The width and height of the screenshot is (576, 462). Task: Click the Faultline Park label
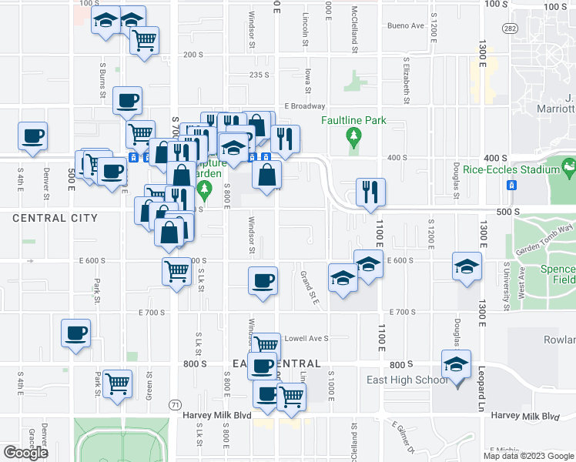pos(353,121)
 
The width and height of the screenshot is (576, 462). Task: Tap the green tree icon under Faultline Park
pos(354,138)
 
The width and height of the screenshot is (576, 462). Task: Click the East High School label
pos(407,380)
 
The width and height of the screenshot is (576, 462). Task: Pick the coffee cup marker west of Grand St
pos(263,280)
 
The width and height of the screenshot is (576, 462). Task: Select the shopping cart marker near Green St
pos(116,383)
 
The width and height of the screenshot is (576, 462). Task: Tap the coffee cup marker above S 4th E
pos(33,136)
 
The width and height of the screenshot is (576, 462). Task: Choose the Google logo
pos(25,453)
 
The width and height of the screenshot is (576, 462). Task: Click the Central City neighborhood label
pos(55,218)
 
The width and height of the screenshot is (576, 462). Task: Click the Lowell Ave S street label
pos(306,338)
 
